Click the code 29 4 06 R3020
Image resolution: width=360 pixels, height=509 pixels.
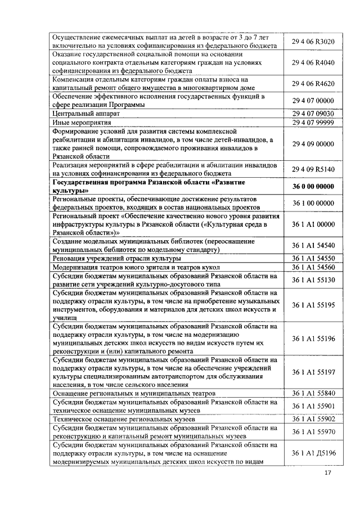pyautogui.click(x=313, y=42)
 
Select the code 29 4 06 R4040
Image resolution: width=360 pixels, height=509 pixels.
pyautogui.click(x=313, y=63)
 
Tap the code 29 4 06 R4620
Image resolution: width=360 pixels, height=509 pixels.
pyautogui.click(x=313, y=84)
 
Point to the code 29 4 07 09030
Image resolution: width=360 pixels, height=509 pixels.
pyautogui.click(x=313, y=113)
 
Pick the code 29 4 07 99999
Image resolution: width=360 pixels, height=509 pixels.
pyautogui.click(x=313, y=122)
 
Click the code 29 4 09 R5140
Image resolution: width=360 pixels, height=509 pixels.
pyautogui.click(x=313, y=169)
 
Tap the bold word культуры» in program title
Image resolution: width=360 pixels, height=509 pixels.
pyautogui.click(x=71, y=191)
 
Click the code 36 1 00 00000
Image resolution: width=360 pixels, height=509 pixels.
pyautogui.click(x=313, y=203)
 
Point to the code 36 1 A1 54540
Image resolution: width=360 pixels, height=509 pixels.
pyautogui.click(x=313, y=245)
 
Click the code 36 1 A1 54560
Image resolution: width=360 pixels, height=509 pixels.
pyautogui.click(x=313, y=267)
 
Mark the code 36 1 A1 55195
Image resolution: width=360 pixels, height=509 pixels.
pyautogui.click(x=313, y=305)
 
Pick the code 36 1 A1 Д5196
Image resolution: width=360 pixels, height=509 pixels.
pyautogui.click(x=313, y=453)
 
